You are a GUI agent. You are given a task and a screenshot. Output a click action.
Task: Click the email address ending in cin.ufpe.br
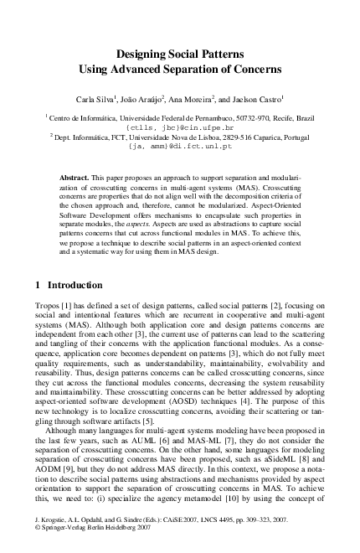pos(179,128)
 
